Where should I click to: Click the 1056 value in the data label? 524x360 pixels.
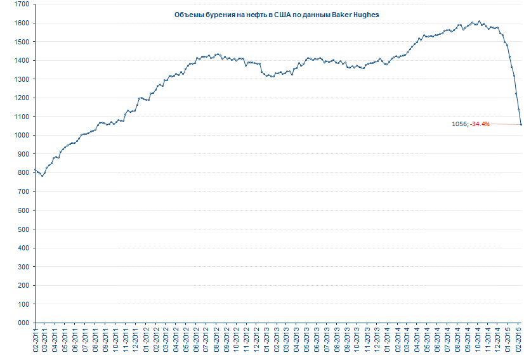[x=459, y=124]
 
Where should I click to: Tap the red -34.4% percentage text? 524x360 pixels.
[x=480, y=124]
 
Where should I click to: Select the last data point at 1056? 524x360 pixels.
[x=521, y=124]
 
